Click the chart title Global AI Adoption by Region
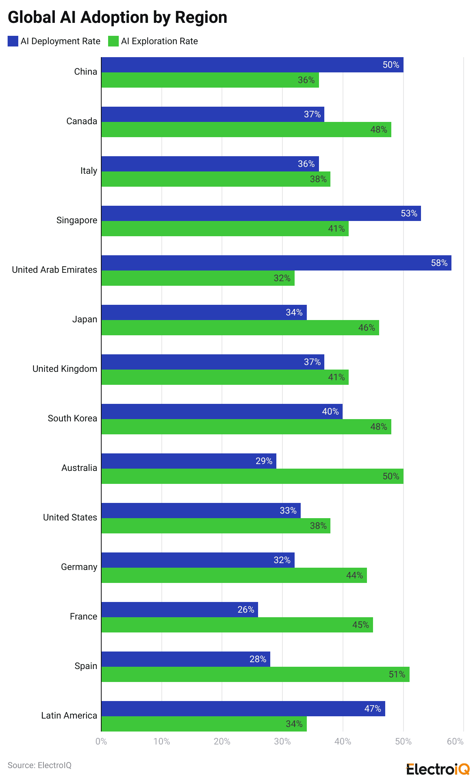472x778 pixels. (117, 18)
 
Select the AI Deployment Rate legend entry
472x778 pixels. (54, 41)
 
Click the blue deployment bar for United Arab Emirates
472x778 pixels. (276, 263)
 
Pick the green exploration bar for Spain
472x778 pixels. (255, 674)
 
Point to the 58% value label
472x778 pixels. (439, 263)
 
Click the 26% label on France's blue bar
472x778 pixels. (246, 610)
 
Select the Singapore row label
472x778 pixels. (77, 220)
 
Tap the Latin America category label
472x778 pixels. (69, 716)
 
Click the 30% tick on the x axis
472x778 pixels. (282, 741)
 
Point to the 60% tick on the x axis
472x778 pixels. (455, 741)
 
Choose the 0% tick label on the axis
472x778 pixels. (101, 741)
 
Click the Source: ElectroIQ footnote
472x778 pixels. (40, 765)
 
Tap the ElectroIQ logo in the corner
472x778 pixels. (438, 769)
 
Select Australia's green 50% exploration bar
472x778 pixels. (252, 476)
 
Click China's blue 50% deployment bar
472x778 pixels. (252, 65)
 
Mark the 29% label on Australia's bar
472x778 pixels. (264, 461)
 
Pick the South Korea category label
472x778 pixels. (72, 418)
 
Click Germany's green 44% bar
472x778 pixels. (234, 575)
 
